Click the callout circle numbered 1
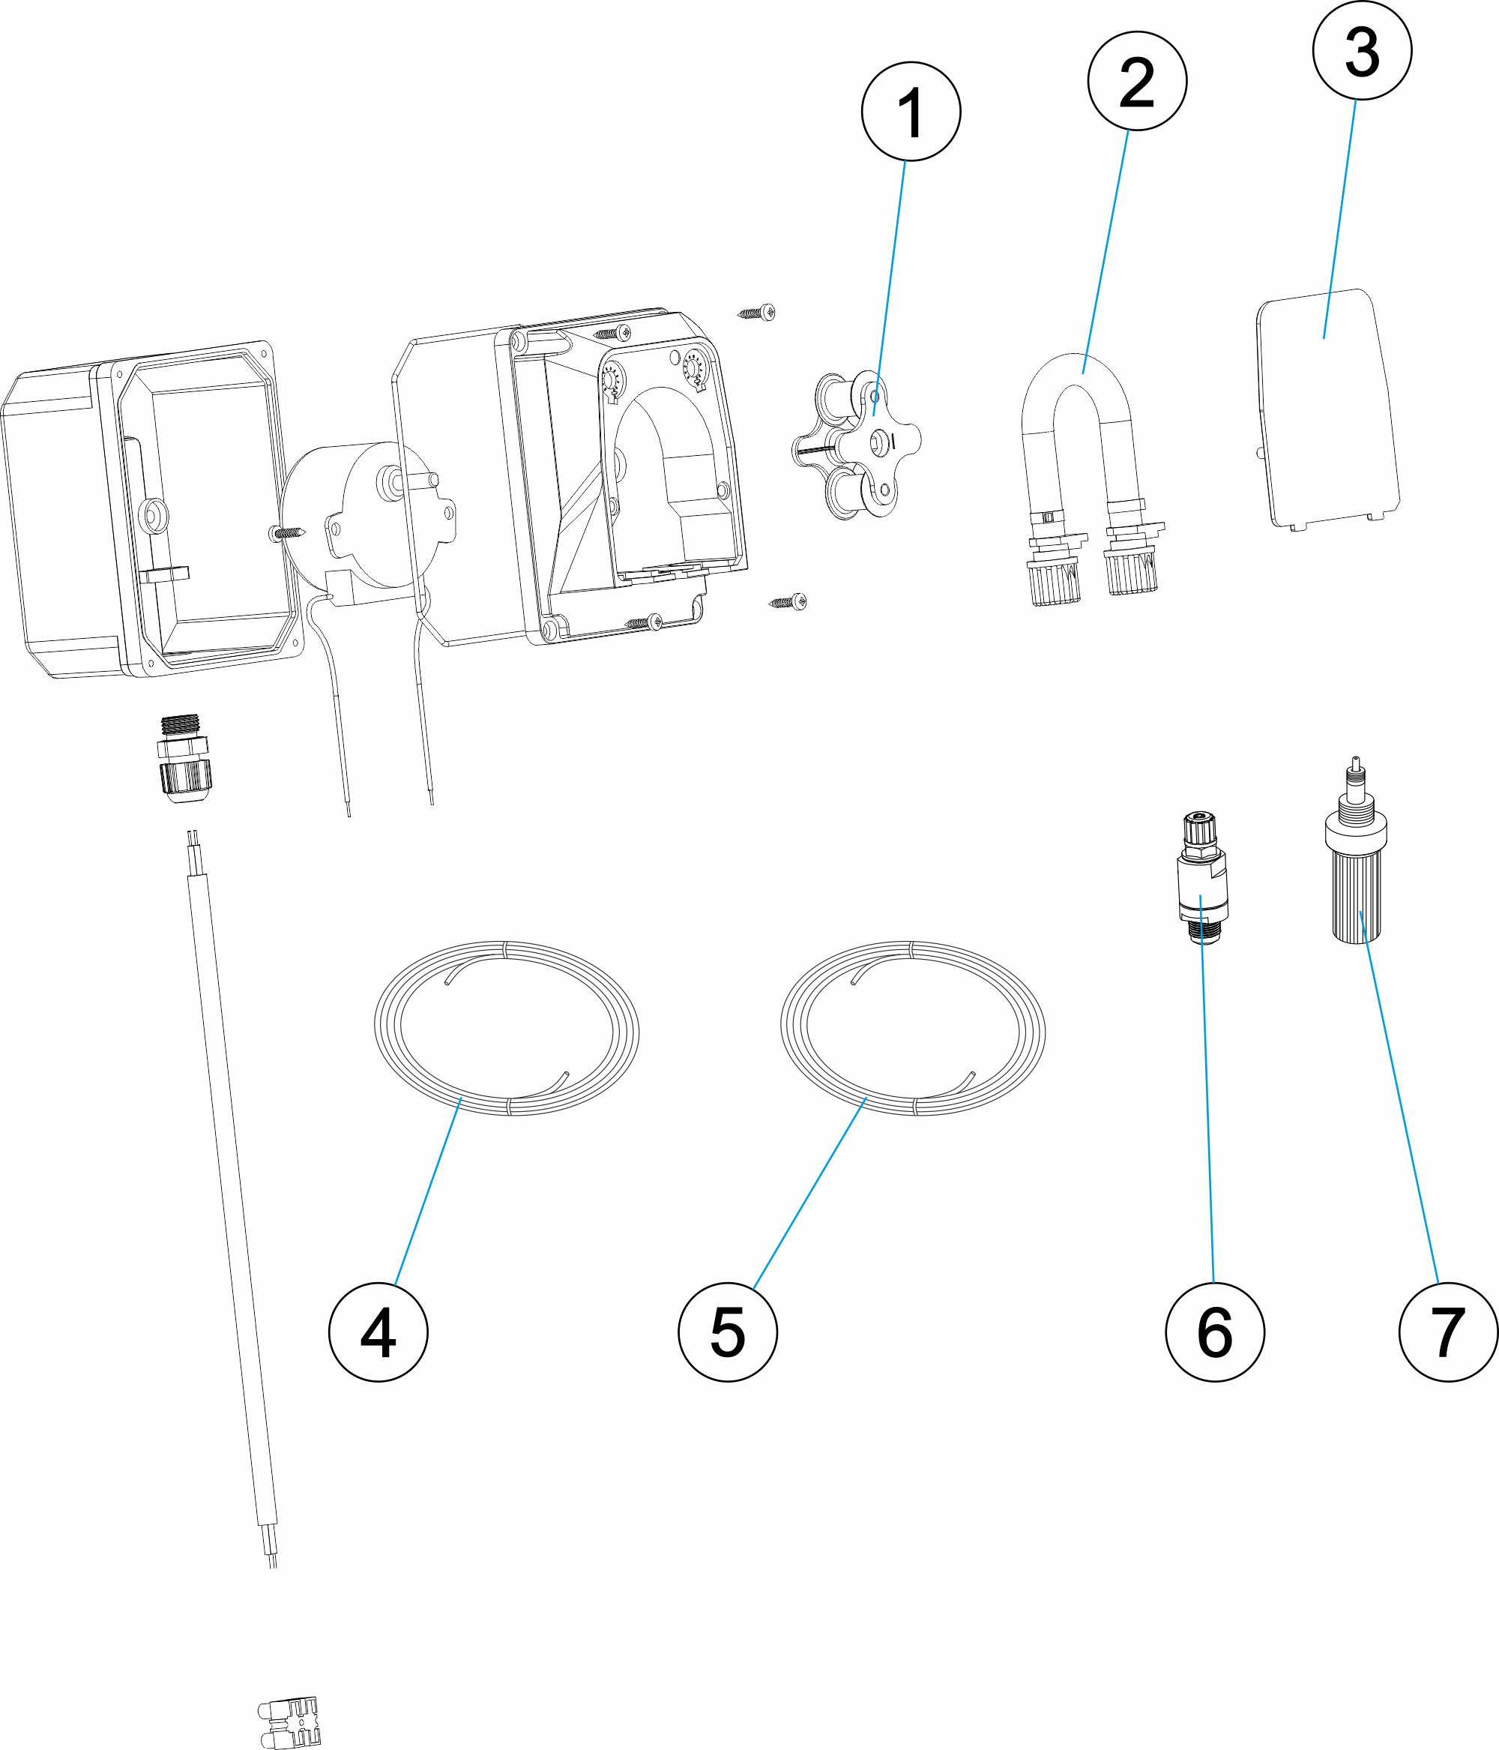(x=911, y=111)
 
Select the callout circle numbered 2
(x=1137, y=81)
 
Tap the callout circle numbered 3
(x=1361, y=51)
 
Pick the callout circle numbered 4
(x=378, y=1332)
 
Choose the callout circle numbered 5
(x=727, y=1332)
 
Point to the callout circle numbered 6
(x=1214, y=1332)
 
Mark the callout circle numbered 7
(x=1447, y=1332)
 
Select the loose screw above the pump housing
(x=757, y=313)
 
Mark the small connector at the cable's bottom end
(x=289, y=1723)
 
